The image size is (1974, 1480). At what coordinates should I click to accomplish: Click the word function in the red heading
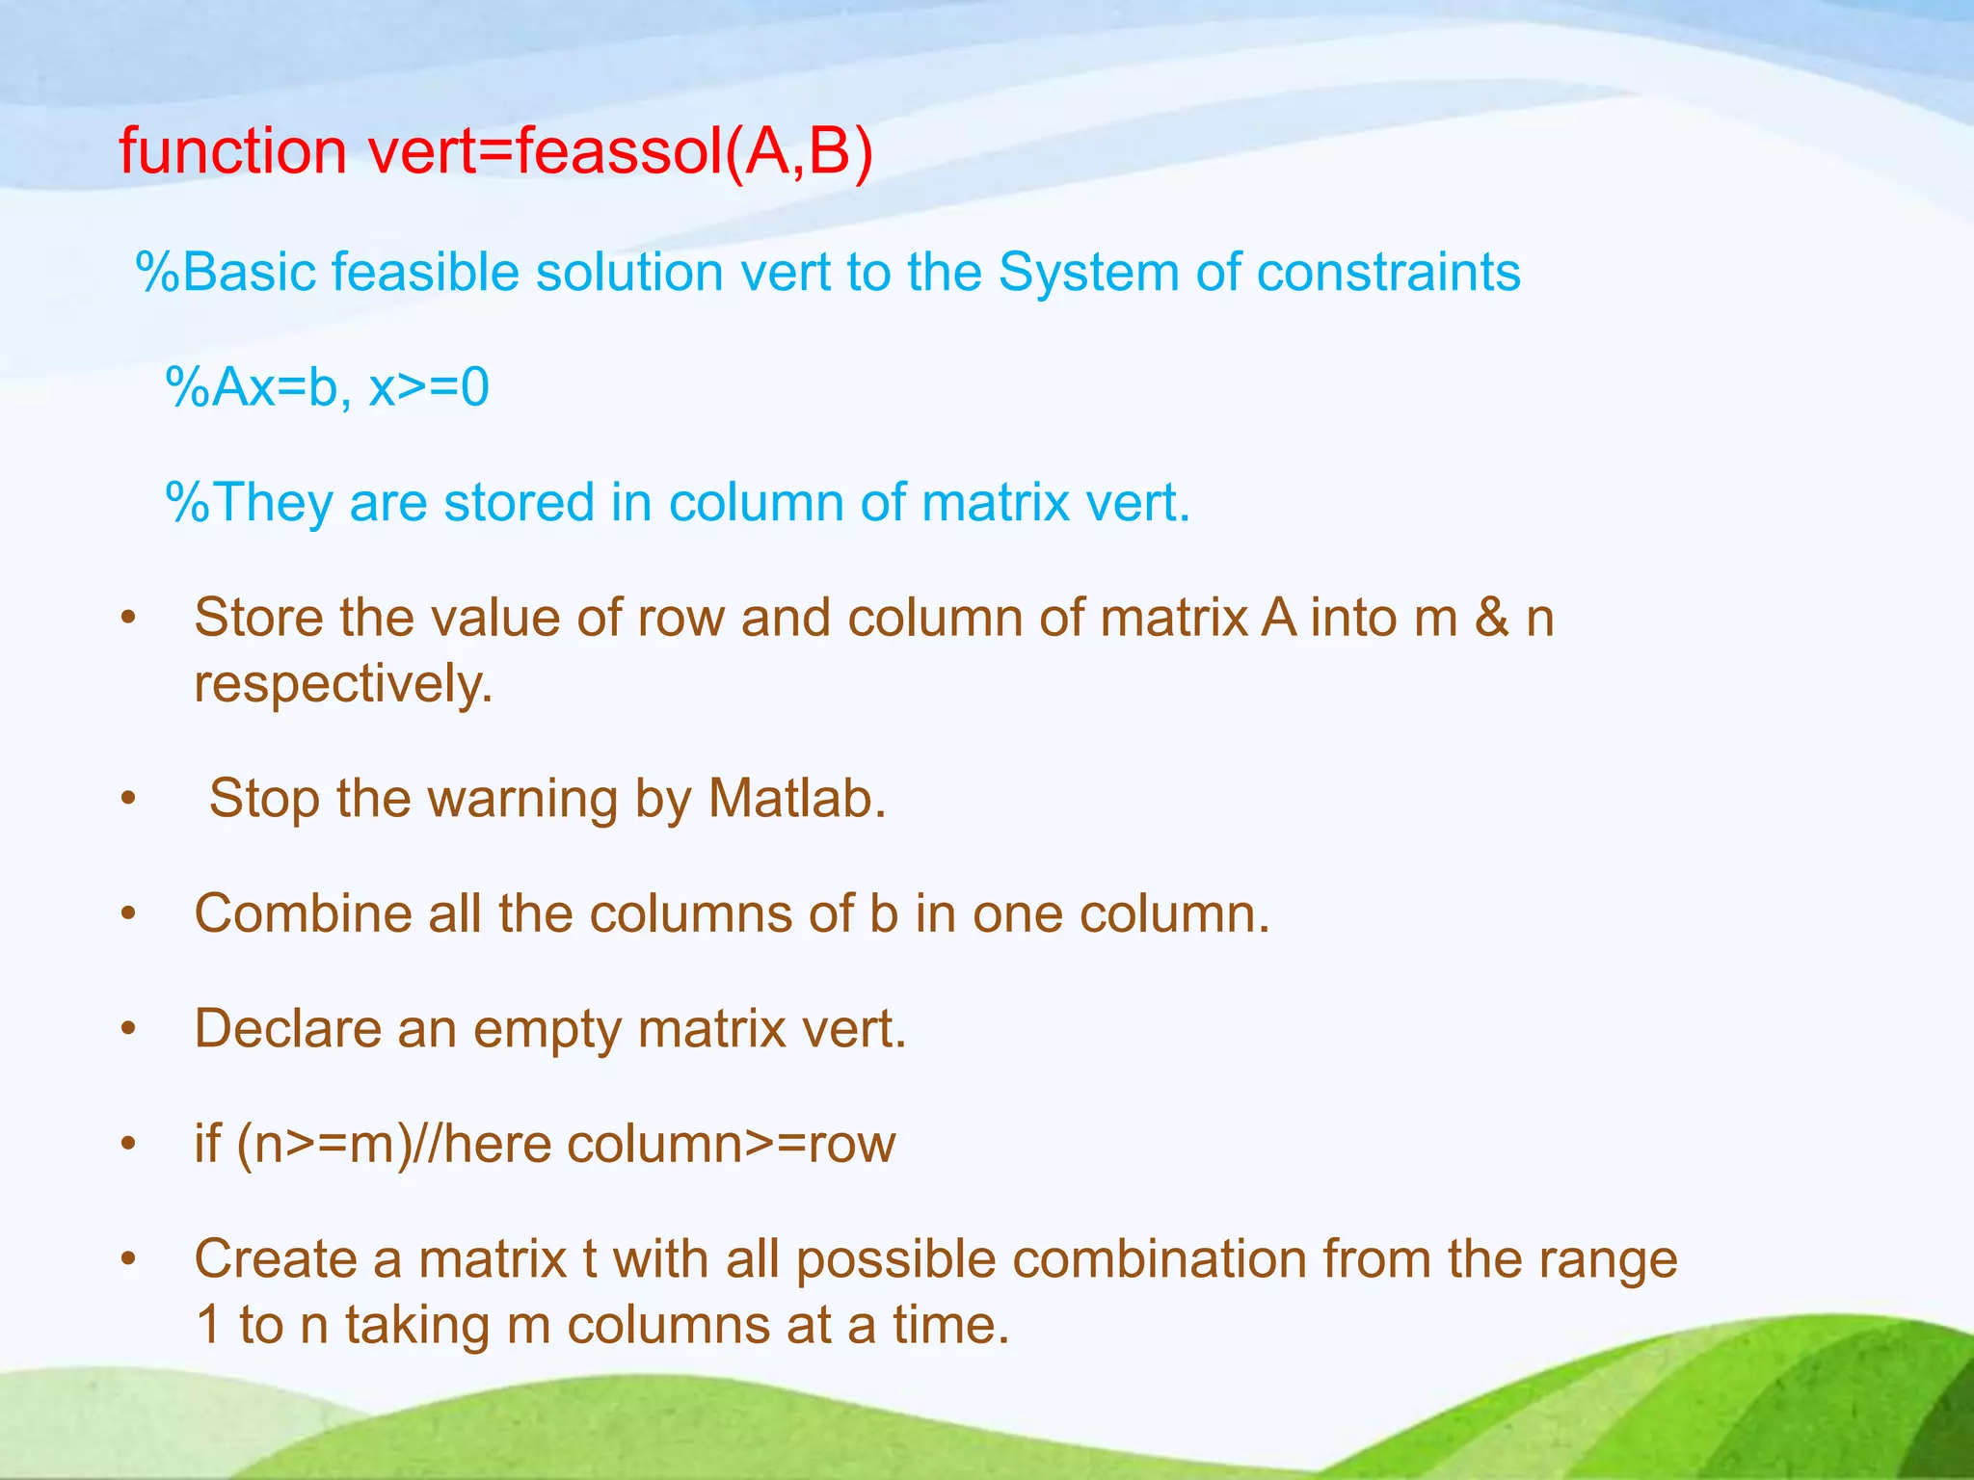coord(232,151)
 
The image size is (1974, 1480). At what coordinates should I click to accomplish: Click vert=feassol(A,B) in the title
coord(620,151)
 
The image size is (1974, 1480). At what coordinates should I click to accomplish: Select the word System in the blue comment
coord(1087,272)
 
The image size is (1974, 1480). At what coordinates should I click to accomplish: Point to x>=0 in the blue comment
coord(429,387)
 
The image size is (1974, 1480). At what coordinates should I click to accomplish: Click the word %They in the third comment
coord(249,503)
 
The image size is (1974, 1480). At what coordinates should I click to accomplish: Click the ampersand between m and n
coord(1491,618)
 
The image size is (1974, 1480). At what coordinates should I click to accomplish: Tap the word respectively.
coord(343,684)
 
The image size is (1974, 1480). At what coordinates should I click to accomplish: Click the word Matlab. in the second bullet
coord(797,799)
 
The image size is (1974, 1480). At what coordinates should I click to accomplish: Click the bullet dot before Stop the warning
coord(129,800)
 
